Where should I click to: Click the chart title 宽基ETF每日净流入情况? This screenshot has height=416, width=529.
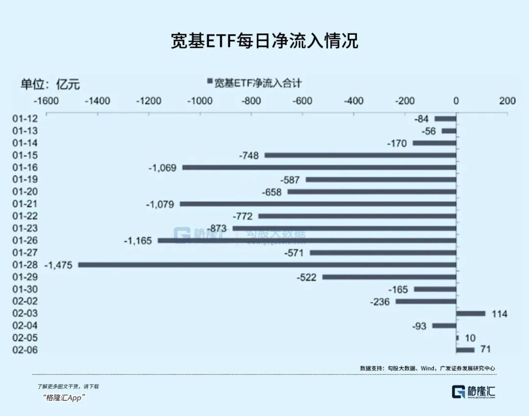coord(264,41)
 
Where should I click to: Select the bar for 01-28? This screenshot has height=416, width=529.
coord(267,265)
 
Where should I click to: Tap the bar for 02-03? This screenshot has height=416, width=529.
coord(471,314)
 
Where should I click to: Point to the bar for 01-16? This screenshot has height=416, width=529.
coord(319,168)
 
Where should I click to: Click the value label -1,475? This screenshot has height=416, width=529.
coord(58,265)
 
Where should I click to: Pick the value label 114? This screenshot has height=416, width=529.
coord(500,314)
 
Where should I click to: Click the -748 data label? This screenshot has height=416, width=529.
coord(249,155)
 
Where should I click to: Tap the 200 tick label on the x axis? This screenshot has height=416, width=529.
coord(507,101)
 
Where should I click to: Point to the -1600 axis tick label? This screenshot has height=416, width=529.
coord(46,101)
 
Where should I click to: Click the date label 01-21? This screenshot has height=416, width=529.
coord(24,204)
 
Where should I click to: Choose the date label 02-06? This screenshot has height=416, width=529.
coord(24,350)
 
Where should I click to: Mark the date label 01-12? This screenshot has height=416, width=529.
coord(24,119)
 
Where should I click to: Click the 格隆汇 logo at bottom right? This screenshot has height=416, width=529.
coord(474,391)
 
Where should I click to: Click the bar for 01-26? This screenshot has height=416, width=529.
coord(307,241)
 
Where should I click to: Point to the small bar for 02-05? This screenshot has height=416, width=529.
coord(457,338)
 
